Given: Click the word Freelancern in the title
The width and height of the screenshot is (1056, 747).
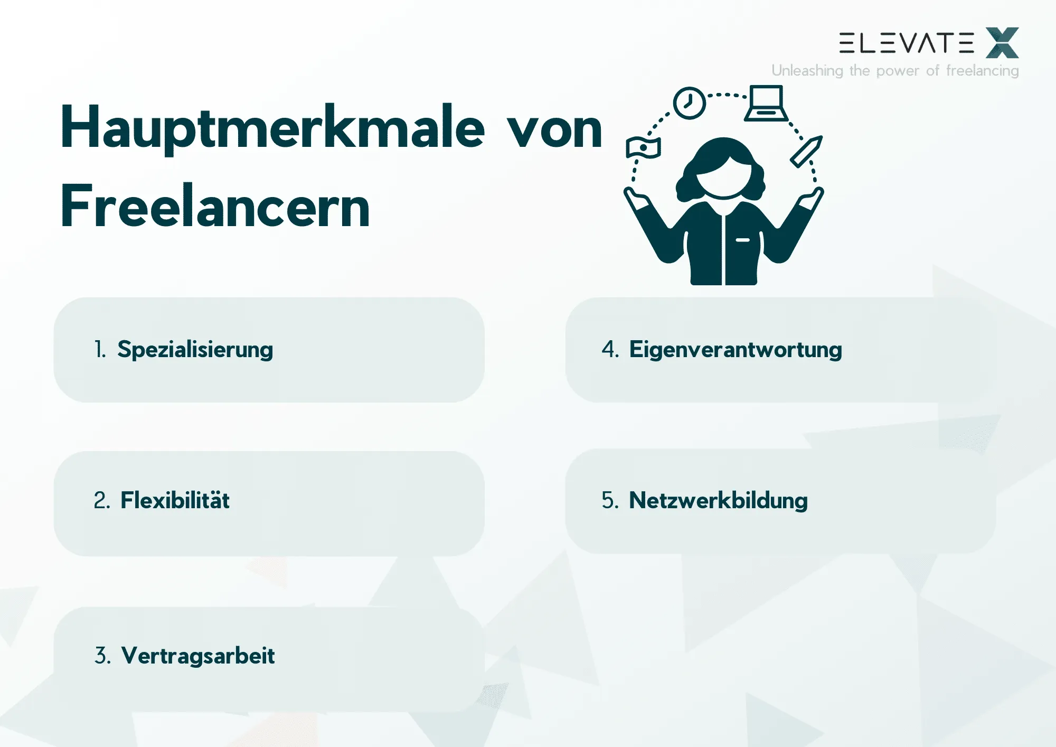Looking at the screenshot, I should (215, 207).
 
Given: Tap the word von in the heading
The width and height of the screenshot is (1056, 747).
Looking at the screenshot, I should (554, 129).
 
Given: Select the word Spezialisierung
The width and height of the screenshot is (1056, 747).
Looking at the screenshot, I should (195, 350).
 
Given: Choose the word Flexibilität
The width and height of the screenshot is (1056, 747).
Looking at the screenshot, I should (175, 500).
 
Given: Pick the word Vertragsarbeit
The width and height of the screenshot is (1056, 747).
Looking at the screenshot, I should (198, 656).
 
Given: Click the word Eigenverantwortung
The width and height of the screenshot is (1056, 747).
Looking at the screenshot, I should (736, 350).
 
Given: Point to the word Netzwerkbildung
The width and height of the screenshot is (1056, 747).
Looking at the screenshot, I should (718, 500).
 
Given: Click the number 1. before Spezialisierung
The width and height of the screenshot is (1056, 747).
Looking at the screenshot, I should (100, 350).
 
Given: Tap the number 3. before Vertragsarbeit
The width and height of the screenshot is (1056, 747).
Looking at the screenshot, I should (102, 656).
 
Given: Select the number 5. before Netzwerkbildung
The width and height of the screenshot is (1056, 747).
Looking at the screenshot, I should (610, 500).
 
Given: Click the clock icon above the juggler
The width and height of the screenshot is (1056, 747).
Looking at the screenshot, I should (689, 103).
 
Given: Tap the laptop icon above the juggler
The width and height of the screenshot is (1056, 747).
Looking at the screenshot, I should (766, 104).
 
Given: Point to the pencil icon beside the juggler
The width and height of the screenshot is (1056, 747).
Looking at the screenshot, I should (806, 151).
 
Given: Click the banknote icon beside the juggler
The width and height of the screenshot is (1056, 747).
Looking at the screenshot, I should (643, 147).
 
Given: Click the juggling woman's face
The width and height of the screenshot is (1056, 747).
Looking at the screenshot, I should (724, 177).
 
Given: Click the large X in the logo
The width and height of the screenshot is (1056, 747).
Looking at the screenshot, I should (1002, 43).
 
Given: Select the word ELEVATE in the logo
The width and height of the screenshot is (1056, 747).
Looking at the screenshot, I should (907, 43).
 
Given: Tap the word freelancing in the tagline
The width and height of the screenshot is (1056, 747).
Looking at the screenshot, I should (982, 71).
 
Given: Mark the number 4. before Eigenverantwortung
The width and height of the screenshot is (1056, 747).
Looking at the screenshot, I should (610, 350).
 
